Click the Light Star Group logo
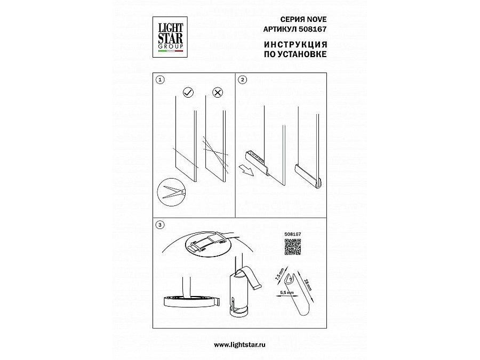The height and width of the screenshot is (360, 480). [x=170, y=37]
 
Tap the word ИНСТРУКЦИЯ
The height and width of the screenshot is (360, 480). [x=295, y=44]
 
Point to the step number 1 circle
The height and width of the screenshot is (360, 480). [x=160, y=80]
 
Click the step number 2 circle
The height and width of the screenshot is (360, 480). [x=243, y=80]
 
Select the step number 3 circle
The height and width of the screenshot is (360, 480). [x=159, y=225]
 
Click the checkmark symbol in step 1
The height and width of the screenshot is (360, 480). [x=188, y=92]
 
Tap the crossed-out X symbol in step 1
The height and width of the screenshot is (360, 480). [x=218, y=92]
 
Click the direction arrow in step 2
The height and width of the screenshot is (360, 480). [x=246, y=170]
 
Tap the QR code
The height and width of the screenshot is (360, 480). [x=293, y=247]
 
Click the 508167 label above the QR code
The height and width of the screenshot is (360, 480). [x=293, y=234]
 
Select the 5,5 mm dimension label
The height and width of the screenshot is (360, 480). [x=287, y=293]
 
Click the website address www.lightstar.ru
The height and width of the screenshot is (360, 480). [x=239, y=345]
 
